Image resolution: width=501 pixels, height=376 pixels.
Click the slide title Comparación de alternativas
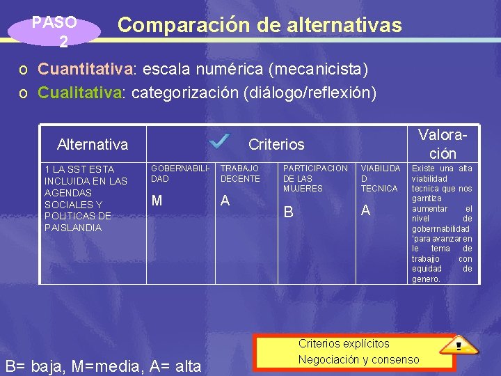(260, 26)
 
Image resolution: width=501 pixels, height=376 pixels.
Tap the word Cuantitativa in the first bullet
(86, 70)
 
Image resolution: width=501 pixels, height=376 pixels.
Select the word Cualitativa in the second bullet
(79, 93)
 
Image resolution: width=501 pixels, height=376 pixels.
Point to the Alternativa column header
(93, 145)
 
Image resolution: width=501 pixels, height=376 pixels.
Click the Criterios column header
(276, 145)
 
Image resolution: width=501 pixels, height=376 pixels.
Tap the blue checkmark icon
(219, 141)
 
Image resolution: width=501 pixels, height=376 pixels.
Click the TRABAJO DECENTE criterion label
(240, 173)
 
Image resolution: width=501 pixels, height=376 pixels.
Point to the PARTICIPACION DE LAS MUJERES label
(315, 178)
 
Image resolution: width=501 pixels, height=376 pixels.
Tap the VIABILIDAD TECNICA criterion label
(380, 178)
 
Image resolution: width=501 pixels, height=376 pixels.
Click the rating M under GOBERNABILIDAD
(157, 201)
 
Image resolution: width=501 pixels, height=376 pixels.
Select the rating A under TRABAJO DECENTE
(225, 201)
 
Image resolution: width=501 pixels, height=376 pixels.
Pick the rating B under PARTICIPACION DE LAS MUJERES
(287, 211)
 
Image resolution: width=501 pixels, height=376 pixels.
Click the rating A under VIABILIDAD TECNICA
(365, 210)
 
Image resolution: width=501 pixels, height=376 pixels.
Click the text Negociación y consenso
(358, 359)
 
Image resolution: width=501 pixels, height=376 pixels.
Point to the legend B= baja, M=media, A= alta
(103, 366)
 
